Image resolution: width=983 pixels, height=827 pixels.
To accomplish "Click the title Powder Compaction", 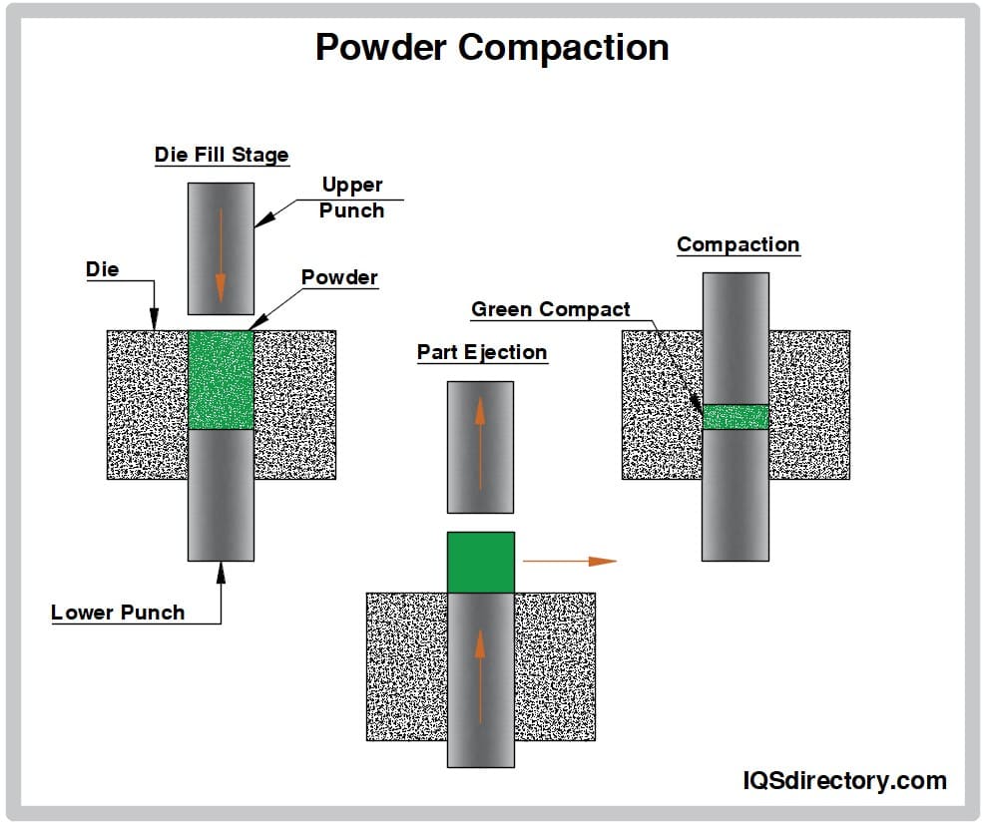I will tap(492, 47).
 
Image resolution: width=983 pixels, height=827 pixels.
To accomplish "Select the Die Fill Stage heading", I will tap(222, 155).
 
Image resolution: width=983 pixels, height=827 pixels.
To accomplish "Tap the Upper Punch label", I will tap(352, 198).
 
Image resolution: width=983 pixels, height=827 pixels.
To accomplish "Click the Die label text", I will tap(102, 269).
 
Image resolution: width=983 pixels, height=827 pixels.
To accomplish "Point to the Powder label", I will tap(339, 277).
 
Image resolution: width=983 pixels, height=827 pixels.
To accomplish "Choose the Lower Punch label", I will tap(118, 613).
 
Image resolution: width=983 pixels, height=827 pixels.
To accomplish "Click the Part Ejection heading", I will tap(482, 352).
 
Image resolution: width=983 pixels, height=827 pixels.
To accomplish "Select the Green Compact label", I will tap(551, 309).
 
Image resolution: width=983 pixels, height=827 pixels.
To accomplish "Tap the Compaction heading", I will tap(737, 244).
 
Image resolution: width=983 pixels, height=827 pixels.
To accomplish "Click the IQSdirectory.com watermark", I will tap(844, 781).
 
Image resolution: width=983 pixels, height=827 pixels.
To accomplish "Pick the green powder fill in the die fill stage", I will tap(221, 380).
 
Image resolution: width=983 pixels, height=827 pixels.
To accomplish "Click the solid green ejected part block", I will tap(481, 562).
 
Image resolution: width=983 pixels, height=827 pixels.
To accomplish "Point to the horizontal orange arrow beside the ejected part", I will tap(569, 562).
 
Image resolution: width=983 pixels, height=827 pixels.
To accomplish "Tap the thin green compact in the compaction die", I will tap(736, 417).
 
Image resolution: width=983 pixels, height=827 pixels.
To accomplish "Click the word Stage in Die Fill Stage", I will tap(261, 155).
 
